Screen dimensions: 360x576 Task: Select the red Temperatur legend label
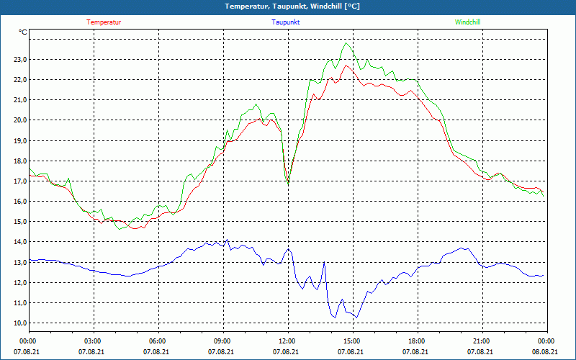[x=104, y=22]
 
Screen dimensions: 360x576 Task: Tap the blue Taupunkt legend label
[x=286, y=22]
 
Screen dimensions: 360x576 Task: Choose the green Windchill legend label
[x=468, y=22]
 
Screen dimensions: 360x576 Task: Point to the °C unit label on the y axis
[x=23, y=32]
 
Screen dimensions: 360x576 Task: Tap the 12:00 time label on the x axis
[x=287, y=341]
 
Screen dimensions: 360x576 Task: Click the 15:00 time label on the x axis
[x=352, y=341]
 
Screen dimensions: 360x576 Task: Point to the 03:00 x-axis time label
[x=93, y=341]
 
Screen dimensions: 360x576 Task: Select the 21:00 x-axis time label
[x=482, y=341]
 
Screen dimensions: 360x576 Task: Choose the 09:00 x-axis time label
[x=222, y=341]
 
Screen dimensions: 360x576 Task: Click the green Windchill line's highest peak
[x=347, y=43]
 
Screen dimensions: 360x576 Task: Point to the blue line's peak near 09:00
[x=227, y=240]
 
